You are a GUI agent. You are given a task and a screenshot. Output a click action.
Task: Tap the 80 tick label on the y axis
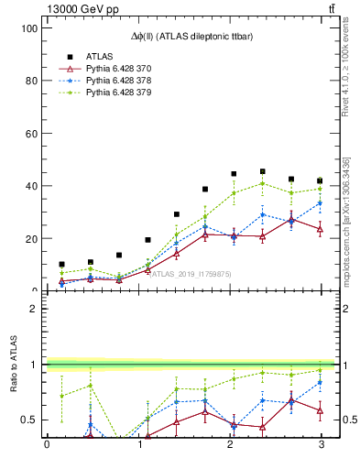[x=30, y=81]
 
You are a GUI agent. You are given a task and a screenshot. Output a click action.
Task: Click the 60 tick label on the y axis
[x=30, y=134]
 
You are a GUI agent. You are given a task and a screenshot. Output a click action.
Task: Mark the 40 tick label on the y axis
[x=30, y=186]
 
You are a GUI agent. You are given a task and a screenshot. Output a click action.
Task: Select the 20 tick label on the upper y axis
[x=30, y=238]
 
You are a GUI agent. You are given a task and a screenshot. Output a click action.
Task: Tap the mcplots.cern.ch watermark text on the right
[x=346, y=220]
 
